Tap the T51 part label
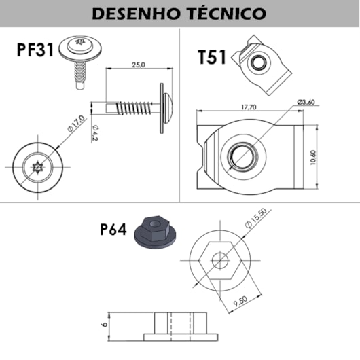213,58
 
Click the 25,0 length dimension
139,65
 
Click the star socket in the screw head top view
37,165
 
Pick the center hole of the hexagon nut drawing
220,259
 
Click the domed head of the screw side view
170,107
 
